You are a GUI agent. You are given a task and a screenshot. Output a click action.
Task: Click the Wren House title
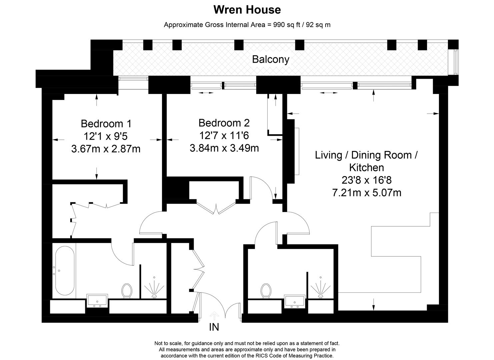point(247,10)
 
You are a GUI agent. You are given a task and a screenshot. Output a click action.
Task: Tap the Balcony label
point(271,60)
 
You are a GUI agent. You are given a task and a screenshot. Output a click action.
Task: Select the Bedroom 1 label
point(106,124)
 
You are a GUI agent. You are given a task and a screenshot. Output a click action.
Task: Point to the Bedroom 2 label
point(224,123)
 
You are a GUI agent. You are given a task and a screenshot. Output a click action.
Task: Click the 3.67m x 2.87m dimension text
point(106,149)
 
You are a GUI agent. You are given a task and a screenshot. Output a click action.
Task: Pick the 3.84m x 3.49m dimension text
point(224,148)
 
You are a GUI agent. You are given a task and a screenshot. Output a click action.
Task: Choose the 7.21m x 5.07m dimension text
point(367,193)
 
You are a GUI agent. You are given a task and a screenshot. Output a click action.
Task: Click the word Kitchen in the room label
point(367,168)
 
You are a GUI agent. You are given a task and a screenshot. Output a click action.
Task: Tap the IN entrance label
point(214,327)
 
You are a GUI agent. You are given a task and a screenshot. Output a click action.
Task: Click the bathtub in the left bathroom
point(65,270)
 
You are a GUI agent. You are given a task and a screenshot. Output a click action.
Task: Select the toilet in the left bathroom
point(127,291)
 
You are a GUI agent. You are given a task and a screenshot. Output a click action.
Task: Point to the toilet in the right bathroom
point(266,291)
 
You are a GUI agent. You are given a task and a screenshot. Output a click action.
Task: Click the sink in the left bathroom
point(97,301)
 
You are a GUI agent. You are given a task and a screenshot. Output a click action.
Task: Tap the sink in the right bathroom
point(295,301)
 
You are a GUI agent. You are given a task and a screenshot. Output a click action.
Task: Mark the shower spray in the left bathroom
point(154,288)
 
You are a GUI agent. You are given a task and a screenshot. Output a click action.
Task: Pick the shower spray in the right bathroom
point(321,288)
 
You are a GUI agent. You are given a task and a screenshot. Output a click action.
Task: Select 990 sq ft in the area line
point(287,25)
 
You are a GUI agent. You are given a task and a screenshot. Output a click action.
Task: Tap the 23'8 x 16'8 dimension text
point(367,180)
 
